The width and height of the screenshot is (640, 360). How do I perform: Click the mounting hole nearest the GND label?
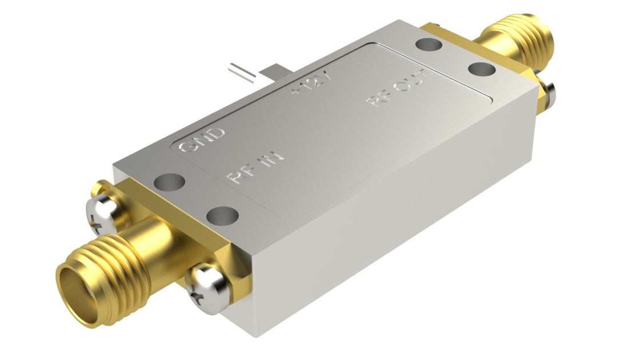point(170,182)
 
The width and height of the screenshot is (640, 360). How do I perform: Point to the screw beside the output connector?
point(549,94)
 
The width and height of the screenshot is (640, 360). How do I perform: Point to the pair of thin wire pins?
point(239,71)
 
